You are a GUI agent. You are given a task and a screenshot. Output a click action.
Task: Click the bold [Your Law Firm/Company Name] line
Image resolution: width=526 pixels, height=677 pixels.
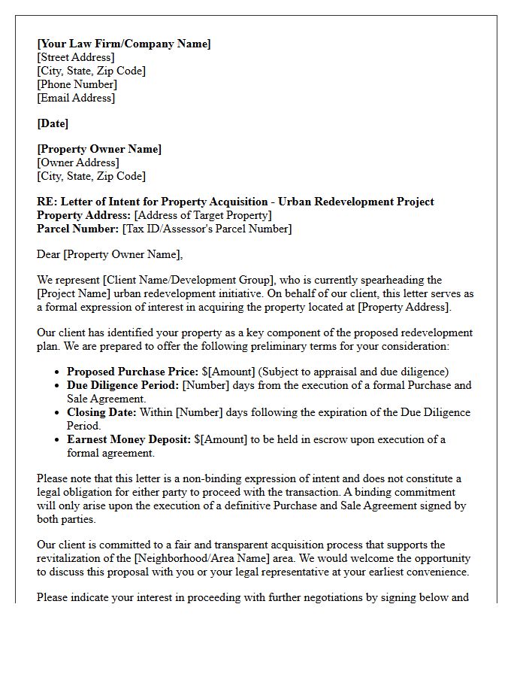click(x=124, y=44)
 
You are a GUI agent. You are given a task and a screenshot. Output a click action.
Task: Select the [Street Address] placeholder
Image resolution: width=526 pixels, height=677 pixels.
click(x=76, y=57)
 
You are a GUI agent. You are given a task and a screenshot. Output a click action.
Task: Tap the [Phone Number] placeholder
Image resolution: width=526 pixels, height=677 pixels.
click(x=77, y=84)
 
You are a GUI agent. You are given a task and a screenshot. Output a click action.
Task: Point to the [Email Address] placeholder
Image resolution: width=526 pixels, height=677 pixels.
click(x=76, y=98)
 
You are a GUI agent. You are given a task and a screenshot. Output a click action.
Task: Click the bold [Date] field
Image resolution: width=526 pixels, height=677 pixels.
click(x=53, y=123)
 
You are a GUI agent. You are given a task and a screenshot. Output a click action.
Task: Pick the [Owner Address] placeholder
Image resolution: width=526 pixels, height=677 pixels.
click(x=78, y=162)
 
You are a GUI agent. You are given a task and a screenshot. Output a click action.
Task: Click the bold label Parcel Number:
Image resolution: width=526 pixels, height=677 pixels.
click(x=78, y=229)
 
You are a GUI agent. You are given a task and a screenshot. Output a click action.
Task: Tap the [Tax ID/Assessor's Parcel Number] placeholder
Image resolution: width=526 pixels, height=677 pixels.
click(x=207, y=229)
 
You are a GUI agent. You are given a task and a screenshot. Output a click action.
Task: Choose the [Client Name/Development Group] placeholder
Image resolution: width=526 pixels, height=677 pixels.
click(x=194, y=280)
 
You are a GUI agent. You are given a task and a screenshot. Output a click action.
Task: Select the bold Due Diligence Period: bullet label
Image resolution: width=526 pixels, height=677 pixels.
click(x=122, y=385)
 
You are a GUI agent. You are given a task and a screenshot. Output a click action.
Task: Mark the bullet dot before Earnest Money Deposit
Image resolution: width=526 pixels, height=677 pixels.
click(x=58, y=440)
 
